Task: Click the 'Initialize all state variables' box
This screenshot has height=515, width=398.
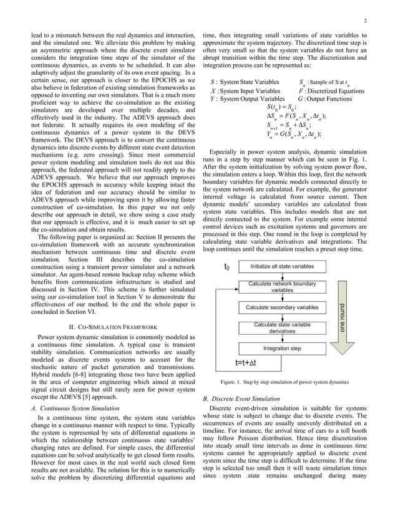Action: [282, 266]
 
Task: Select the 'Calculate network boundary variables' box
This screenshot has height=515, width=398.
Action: [282, 287]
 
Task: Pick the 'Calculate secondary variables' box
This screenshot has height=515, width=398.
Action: [282, 307]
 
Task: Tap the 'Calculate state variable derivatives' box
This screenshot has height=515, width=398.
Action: [282, 328]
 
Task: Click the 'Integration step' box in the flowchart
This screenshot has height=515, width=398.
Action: [282, 349]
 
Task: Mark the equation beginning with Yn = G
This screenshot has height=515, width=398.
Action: [293, 133]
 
